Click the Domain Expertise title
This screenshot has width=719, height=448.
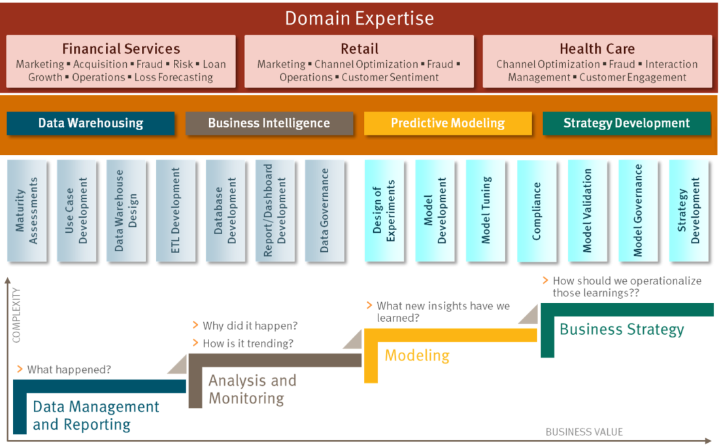click(359, 18)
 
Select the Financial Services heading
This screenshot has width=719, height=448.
click(121, 48)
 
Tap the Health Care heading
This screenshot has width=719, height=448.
click(597, 48)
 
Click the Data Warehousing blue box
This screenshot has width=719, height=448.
click(91, 123)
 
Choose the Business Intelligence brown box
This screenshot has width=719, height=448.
click(269, 123)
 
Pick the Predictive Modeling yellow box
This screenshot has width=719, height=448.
click(448, 123)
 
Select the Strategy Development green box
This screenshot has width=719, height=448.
click(626, 123)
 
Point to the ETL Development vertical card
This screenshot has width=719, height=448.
click(176, 211)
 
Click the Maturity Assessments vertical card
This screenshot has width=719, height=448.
click(27, 211)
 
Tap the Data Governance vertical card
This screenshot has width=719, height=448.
click(325, 211)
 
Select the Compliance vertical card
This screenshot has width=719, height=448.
click(537, 211)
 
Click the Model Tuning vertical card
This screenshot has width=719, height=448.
click(486, 211)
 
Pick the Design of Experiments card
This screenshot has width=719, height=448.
click(384, 211)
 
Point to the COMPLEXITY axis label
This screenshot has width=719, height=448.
click(16, 315)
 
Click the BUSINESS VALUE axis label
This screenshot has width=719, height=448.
click(584, 432)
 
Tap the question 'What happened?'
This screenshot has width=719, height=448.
click(69, 370)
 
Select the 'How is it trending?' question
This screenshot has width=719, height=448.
click(248, 343)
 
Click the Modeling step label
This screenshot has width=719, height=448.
click(417, 355)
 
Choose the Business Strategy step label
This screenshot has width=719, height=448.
click(622, 329)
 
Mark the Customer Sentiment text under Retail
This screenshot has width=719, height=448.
click(390, 77)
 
